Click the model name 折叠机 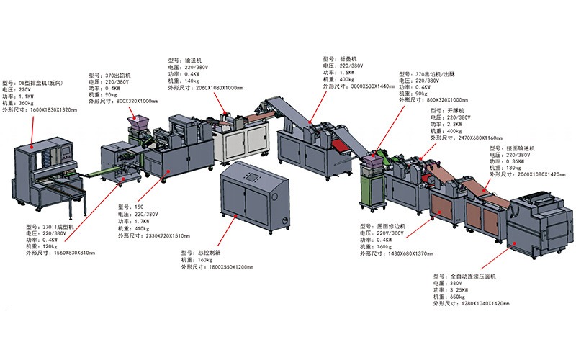point(351,59)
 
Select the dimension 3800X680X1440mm point(366,86)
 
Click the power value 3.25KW point(462,289)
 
